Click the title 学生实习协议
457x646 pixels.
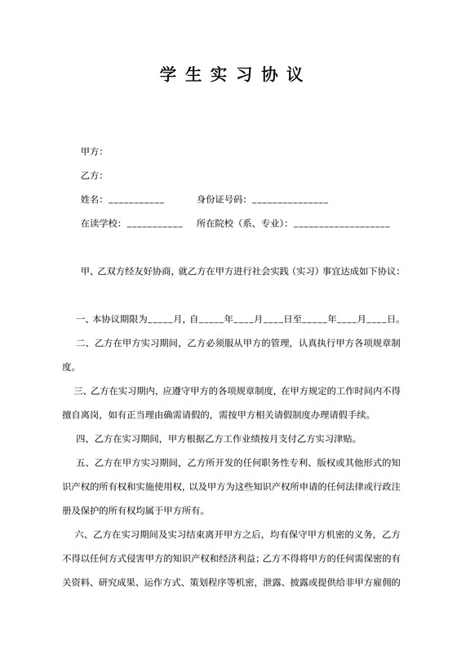pyautogui.click(x=228, y=74)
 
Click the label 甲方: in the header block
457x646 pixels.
pyautogui.click(x=91, y=153)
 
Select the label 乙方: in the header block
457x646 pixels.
pyautogui.click(x=91, y=176)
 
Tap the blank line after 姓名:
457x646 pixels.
pyautogui.click(x=136, y=201)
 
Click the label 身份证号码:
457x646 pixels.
pyautogui.click(x=221, y=200)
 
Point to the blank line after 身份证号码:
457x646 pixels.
pyautogui.click(x=291, y=201)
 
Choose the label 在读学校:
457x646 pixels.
pyautogui.click(x=101, y=223)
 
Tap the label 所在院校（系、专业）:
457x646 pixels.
pyautogui.click(x=242, y=223)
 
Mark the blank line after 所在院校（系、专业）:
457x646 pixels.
pyautogui.click(x=341, y=225)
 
